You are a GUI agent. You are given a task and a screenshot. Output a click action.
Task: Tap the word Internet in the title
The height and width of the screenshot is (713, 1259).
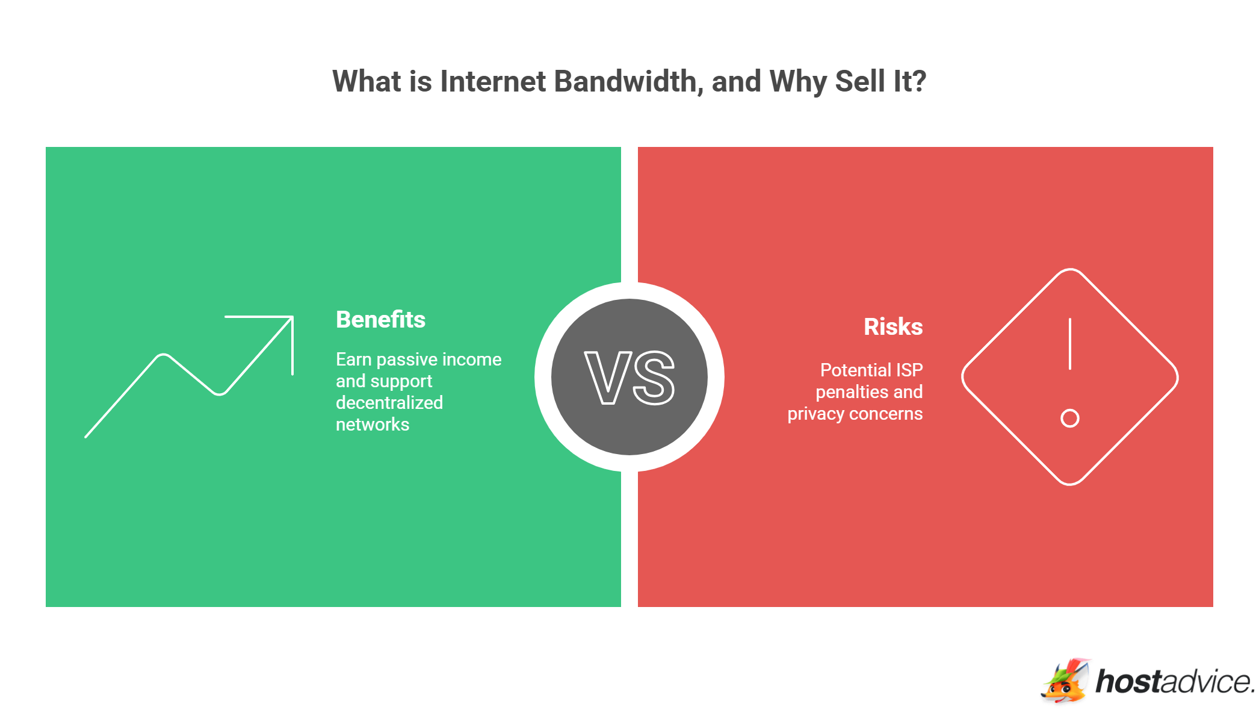coord(492,81)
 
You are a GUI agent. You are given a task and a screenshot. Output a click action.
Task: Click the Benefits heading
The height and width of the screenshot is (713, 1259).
coord(380,320)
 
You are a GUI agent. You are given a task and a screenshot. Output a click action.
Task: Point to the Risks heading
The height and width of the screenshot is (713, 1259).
coord(893,327)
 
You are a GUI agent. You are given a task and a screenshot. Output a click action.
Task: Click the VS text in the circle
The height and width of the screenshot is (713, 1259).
coord(629,378)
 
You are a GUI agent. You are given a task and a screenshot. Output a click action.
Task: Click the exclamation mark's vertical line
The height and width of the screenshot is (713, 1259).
coord(1069,344)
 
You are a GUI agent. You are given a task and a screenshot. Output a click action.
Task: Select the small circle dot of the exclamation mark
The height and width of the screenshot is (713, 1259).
coord(1069,418)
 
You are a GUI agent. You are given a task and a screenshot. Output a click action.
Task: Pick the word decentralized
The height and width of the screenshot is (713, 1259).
coord(389,403)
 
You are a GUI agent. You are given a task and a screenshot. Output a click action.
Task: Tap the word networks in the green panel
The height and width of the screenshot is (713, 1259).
coord(373,425)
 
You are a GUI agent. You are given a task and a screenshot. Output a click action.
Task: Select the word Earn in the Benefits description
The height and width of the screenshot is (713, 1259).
coord(353,360)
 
